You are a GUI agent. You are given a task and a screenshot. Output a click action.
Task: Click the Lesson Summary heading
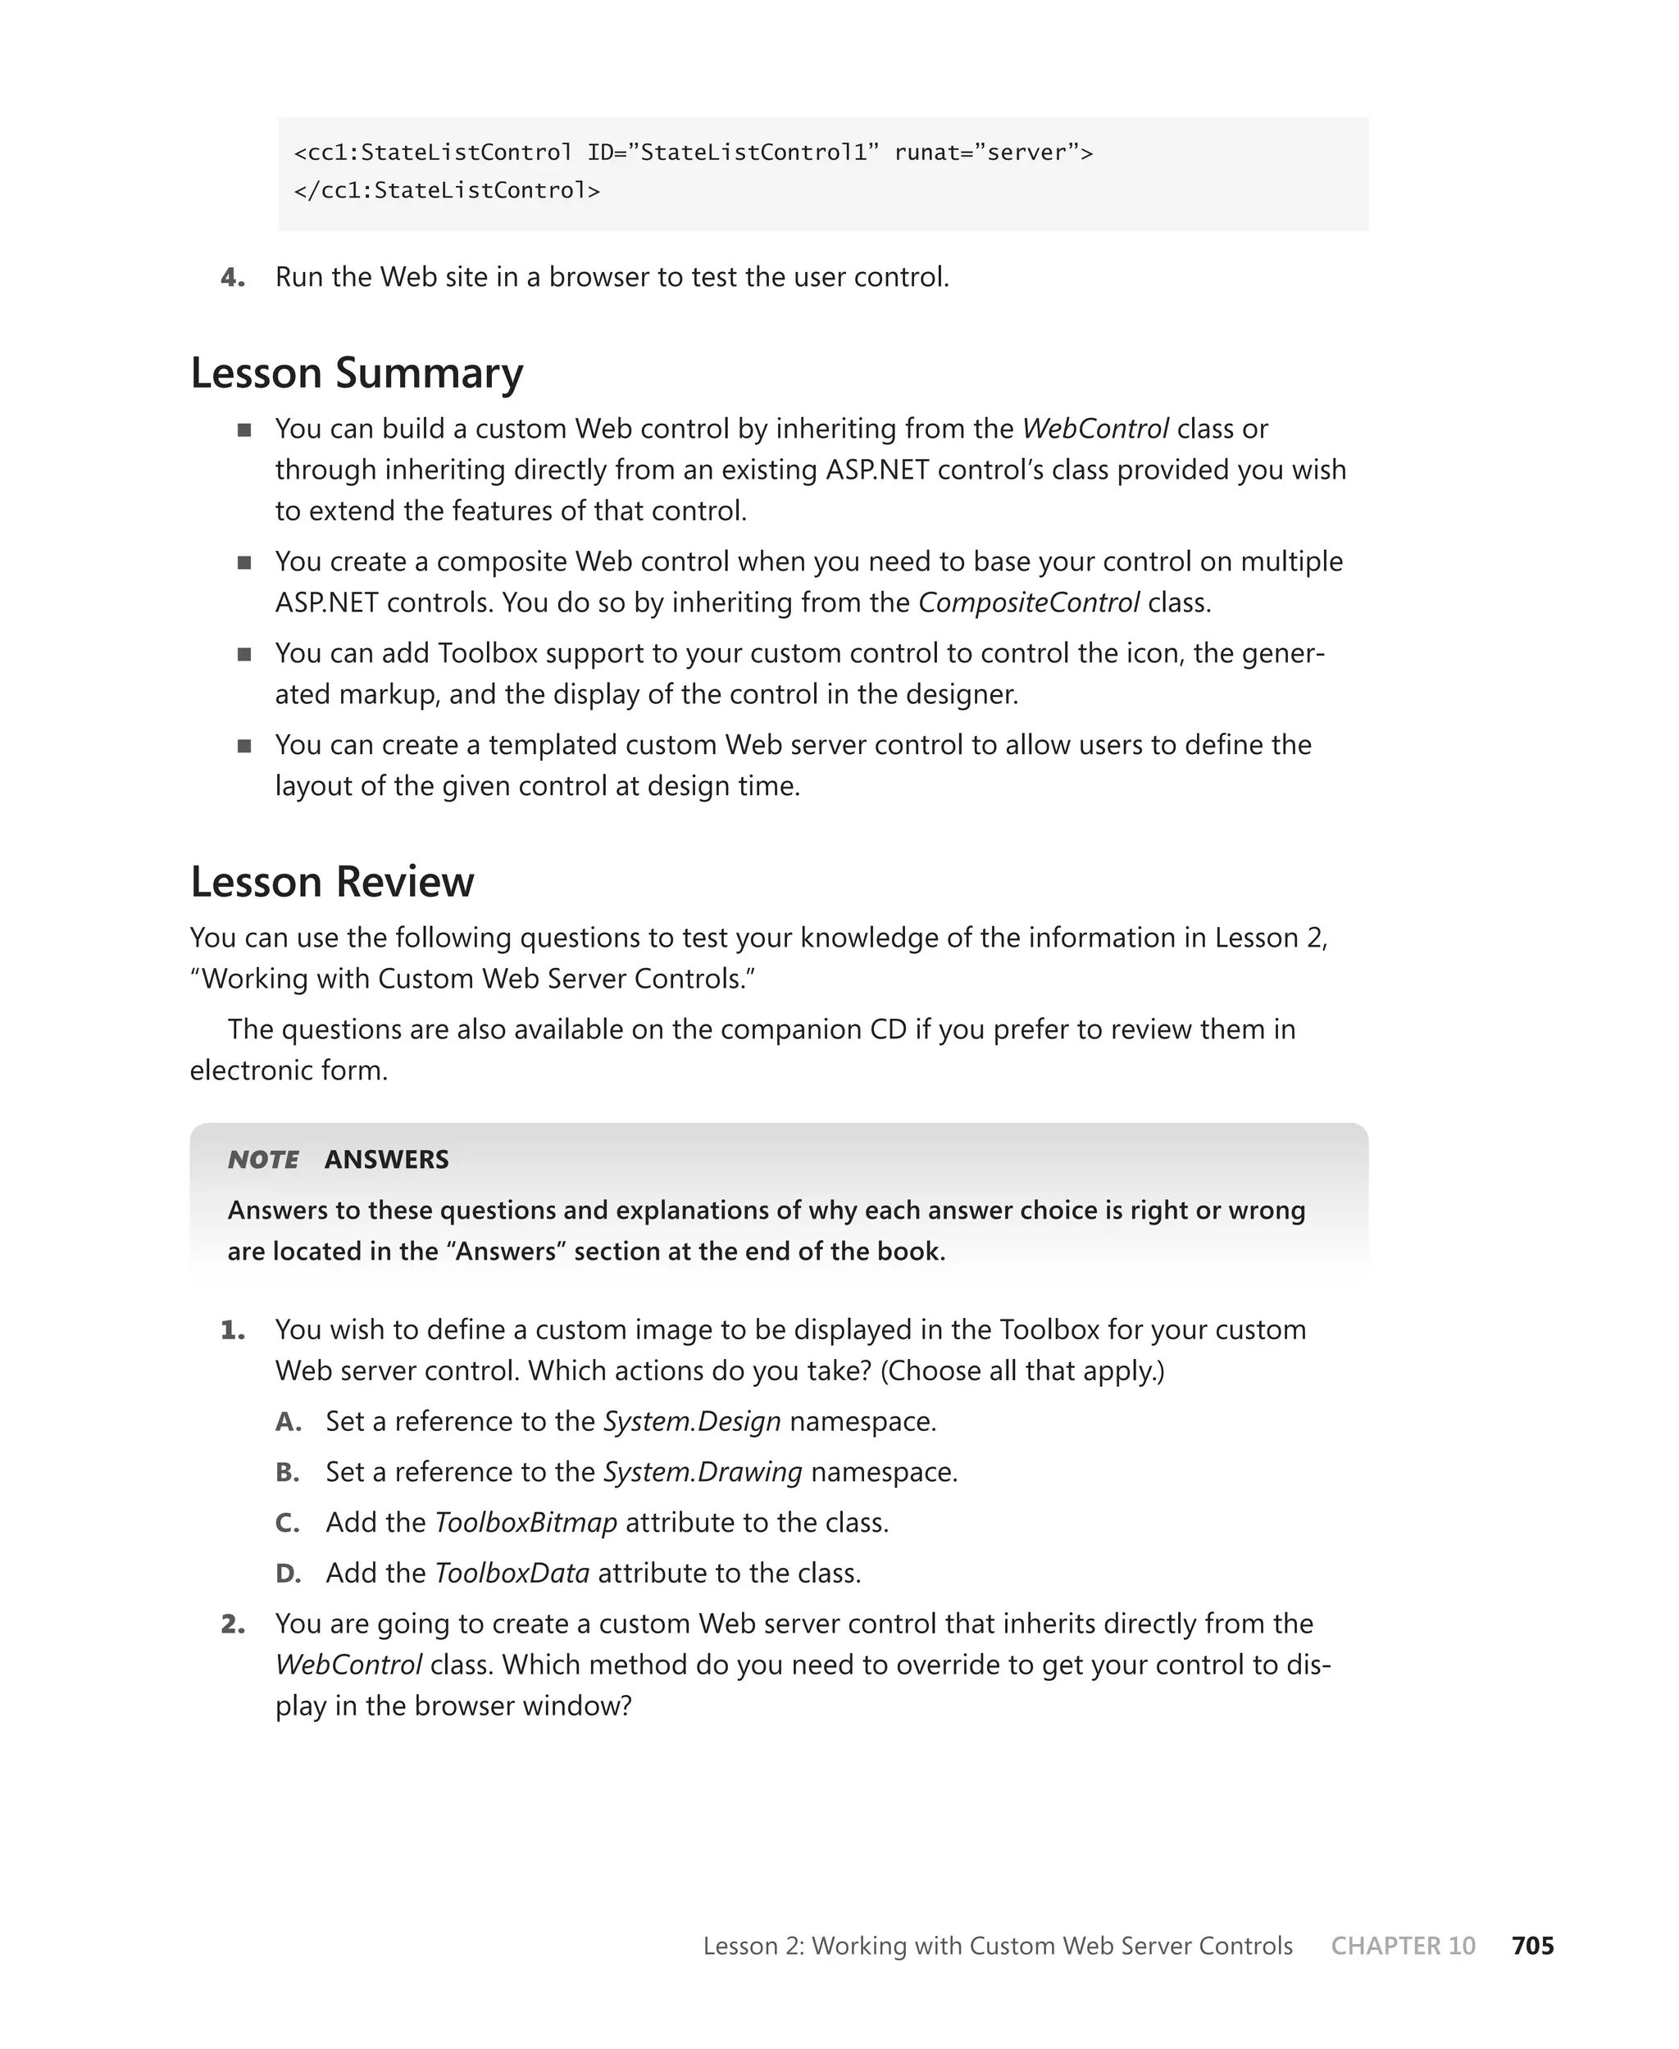[356, 373]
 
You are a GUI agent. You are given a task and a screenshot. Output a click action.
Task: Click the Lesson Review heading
[332, 882]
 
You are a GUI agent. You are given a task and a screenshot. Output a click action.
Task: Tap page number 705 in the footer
[1532, 1946]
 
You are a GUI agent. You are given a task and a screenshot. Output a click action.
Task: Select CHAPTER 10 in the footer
[1403, 1946]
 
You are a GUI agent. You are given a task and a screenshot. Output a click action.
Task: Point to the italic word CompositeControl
[1028, 602]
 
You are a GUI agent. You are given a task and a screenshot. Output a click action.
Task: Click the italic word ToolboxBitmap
[526, 1522]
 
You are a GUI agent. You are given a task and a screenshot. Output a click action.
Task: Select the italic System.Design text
[692, 1421]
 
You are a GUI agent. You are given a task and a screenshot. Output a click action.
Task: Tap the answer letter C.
[286, 1523]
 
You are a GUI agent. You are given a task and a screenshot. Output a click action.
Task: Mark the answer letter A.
[287, 1421]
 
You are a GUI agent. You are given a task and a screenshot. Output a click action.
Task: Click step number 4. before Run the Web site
[232, 278]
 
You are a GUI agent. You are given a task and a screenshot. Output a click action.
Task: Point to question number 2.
[232, 1624]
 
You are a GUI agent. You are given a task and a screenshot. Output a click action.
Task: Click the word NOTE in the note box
[262, 1160]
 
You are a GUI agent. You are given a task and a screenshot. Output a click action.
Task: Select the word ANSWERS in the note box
[386, 1160]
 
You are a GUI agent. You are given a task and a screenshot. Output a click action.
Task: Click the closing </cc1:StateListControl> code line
[447, 190]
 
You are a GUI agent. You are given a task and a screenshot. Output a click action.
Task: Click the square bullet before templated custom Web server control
[243, 746]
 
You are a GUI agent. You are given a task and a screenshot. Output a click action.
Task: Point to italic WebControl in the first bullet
[1094, 429]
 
